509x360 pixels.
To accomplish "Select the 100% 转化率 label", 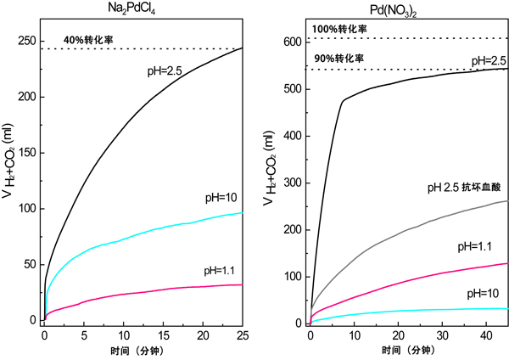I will point(339,29).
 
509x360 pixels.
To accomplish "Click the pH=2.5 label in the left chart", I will point(164,71).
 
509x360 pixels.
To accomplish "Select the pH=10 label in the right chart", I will point(480,293).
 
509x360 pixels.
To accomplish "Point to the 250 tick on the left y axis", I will point(27,41).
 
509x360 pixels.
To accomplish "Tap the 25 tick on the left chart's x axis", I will point(242,335).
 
